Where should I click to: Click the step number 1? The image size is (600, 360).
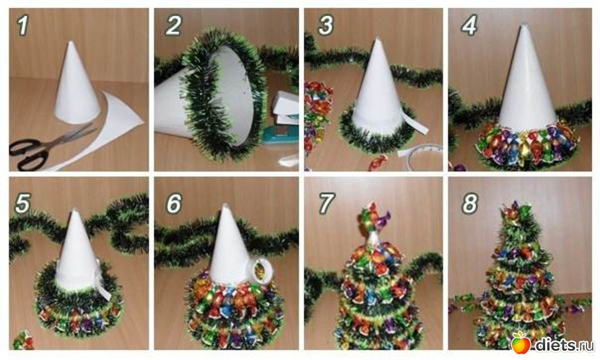click(23, 25)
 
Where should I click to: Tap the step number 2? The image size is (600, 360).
click(173, 25)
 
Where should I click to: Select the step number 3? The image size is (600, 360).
click(326, 25)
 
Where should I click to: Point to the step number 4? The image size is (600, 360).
click(469, 25)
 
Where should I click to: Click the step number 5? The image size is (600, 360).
click(22, 203)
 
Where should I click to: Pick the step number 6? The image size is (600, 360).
click(174, 203)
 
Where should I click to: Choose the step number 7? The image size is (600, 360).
click(326, 203)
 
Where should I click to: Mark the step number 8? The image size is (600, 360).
click(470, 203)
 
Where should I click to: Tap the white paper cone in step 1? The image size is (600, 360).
click(76, 86)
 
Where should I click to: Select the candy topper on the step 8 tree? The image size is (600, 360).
click(516, 211)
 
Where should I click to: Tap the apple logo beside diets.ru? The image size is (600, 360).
click(521, 342)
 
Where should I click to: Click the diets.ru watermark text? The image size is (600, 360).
click(564, 344)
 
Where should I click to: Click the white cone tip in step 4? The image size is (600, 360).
click(524, 26)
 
